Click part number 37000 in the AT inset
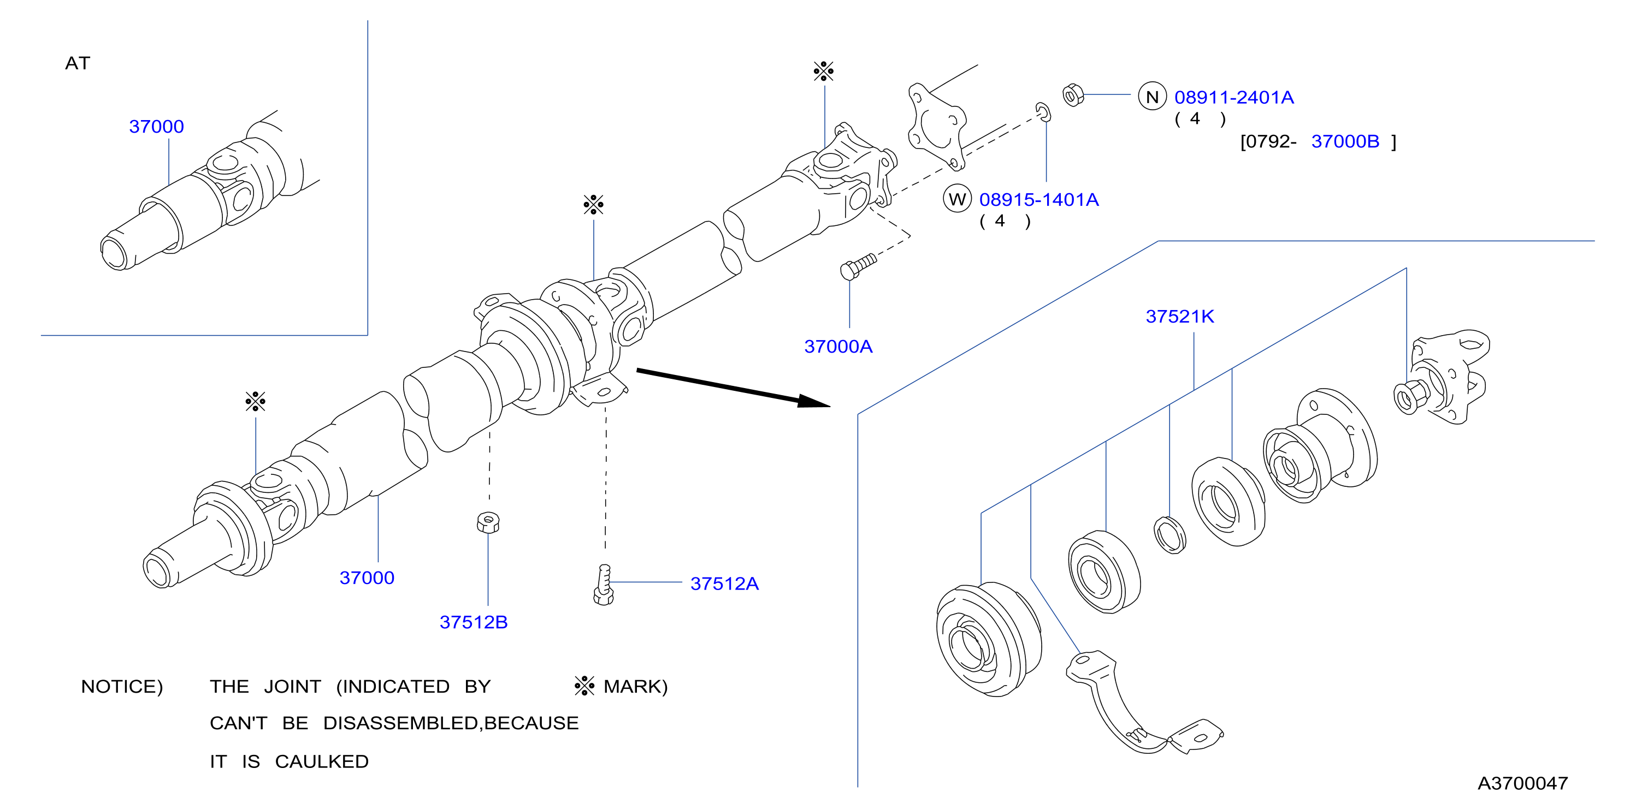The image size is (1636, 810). (x=156, y=126)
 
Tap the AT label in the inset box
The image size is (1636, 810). (x=78, y=63)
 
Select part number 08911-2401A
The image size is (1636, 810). (x=1233, y=97)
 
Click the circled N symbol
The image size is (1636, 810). (x=1152, y=97)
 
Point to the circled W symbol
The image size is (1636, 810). (x=957, y=199)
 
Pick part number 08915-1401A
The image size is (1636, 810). (x=1038, y=199)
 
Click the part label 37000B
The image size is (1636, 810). (x=1345, y=141)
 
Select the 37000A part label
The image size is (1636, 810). (x=838, y=346)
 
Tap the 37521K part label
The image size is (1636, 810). (x=1179, y=316)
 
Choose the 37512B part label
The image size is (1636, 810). (x=473, y=622)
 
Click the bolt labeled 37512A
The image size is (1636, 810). (x=604, y=585)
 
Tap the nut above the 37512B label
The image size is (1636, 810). (x=488, y=522)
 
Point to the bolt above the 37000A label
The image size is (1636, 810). (x=858, y=266)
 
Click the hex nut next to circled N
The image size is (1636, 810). (x=1073, y=95)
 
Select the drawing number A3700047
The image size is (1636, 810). (x=1522, y=783)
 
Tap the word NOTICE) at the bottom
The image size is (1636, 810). (x=122, y=686)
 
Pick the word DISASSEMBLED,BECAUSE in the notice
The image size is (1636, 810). (x=451, y=723)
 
